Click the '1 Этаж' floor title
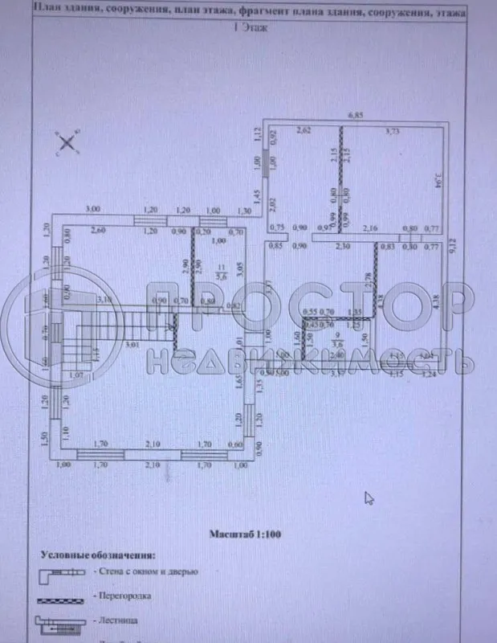[x=249, y=27]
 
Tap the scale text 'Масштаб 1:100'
[x=244, y=533]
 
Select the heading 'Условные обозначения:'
[x=99, y=555]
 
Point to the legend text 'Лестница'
[x=119, y=621]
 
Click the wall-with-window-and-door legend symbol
[x=62, y=572]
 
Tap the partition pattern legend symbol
[x=62, y=597]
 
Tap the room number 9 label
[x=337, y=335]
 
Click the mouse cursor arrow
[x=369, y=498]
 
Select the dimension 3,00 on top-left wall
[x=93, y=210]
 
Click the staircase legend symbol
[x=62, y=621]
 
